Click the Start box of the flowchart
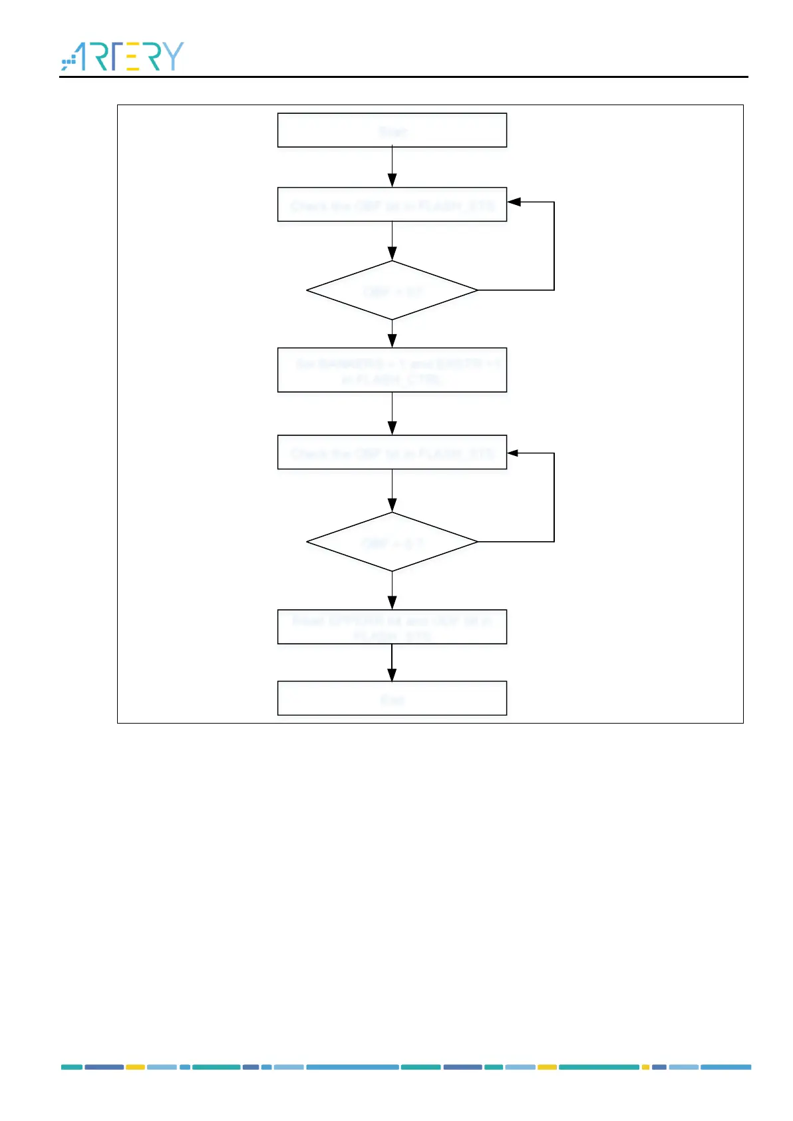[392, 130]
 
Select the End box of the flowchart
[392, 698]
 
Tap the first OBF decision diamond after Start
[392, 291]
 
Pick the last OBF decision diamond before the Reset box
[392, 542]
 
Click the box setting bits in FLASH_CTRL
[392, 370]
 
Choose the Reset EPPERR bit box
[392, 627]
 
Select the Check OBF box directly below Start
[392, 205]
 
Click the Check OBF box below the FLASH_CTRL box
[392, 453]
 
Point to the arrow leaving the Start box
[392, 167]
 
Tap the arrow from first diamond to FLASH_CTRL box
[392, 334]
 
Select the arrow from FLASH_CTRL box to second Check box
[392, 413]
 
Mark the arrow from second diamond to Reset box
[392, 590]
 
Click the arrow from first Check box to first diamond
[392, 240]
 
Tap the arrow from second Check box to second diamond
[392, 491]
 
